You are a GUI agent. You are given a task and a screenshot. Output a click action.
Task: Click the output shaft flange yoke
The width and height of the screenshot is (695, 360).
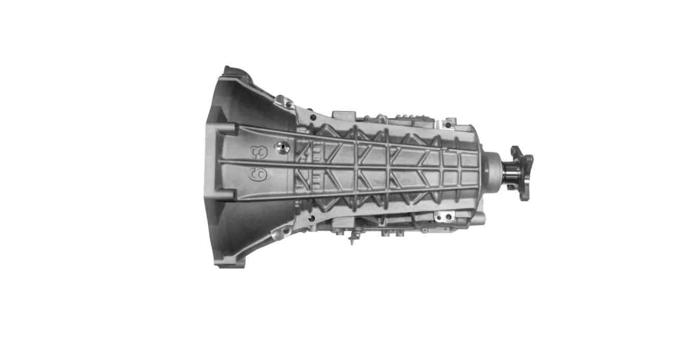pyautogui.click(x=521, y=173)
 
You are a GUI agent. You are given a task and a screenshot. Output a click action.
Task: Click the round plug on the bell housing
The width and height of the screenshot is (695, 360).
pyautogui.click(x=282, y=147)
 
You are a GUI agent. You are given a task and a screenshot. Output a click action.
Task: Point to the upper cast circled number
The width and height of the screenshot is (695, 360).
pyautogui.click(x=255, y=153)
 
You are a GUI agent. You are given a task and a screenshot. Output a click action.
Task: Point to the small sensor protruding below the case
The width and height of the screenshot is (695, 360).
pyautogui.click(x=352, y=239)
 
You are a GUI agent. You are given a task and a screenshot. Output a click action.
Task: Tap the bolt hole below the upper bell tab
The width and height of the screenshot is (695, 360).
pyautogui.click(x=312, y=118)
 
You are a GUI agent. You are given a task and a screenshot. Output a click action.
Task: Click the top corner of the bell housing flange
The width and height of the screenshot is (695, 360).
pyautogui.click(x=227, y=70)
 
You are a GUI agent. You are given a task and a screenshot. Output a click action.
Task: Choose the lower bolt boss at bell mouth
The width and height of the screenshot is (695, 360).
pyautogui.click(x=229, y=195)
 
